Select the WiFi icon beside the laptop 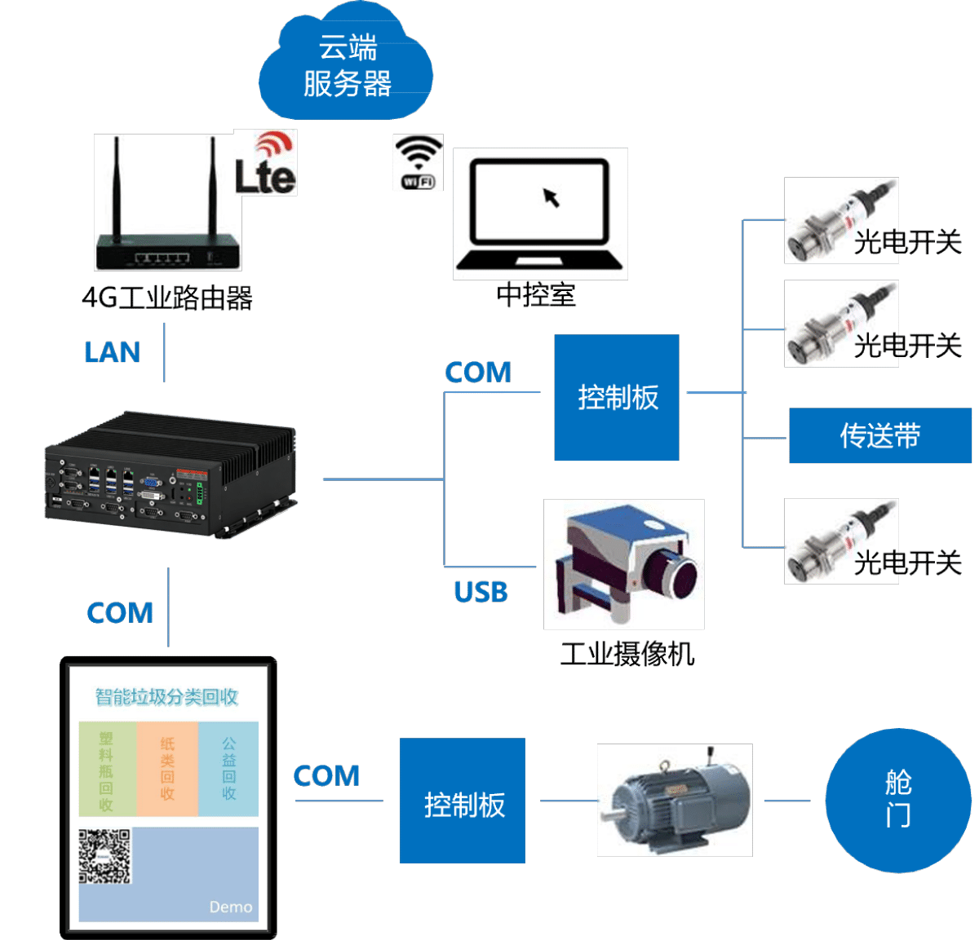[x=418, y=162]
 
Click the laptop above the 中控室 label [x=540, y=214]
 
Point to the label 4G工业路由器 [x=167, y=298]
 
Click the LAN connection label [x=113, y=352]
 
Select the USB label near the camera [x=481, y=592]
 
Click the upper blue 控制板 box [x=617, y=397]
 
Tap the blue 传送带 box [x=879, y=435]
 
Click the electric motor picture [x=675, y=801]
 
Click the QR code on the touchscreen [x=105, y=856]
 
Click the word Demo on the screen [x=231, y=907]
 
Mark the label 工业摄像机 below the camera [x=627, y=654]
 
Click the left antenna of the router [x=117, y=188]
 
